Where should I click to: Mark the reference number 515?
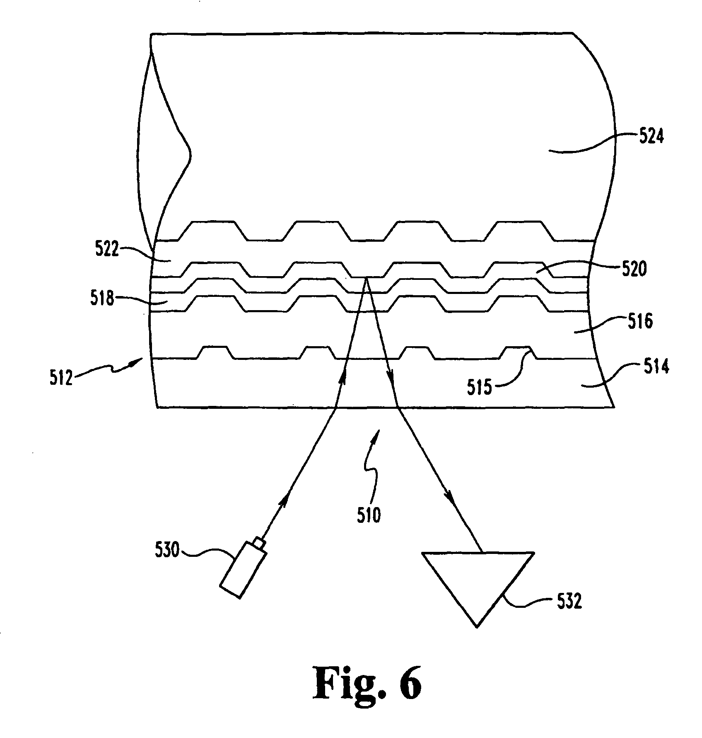(480, 388)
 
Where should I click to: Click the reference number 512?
(61, 379)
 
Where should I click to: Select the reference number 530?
(168, 551)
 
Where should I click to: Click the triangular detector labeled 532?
(476, 585)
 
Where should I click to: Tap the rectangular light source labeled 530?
(242, 569)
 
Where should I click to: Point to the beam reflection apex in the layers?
(367, 279)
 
